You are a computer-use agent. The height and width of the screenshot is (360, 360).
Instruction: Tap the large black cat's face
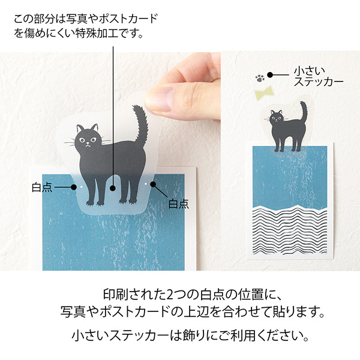point(88,139)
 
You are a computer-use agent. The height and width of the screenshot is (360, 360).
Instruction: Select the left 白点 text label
point(42,188)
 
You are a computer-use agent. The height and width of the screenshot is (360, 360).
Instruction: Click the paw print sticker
point(259,76)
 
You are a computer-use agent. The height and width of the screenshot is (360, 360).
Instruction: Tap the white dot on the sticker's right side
point(146,182)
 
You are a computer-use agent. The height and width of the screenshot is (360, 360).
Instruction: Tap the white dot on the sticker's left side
point(82,187)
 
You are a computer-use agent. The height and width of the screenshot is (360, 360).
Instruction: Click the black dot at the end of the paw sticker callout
point(271,75)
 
